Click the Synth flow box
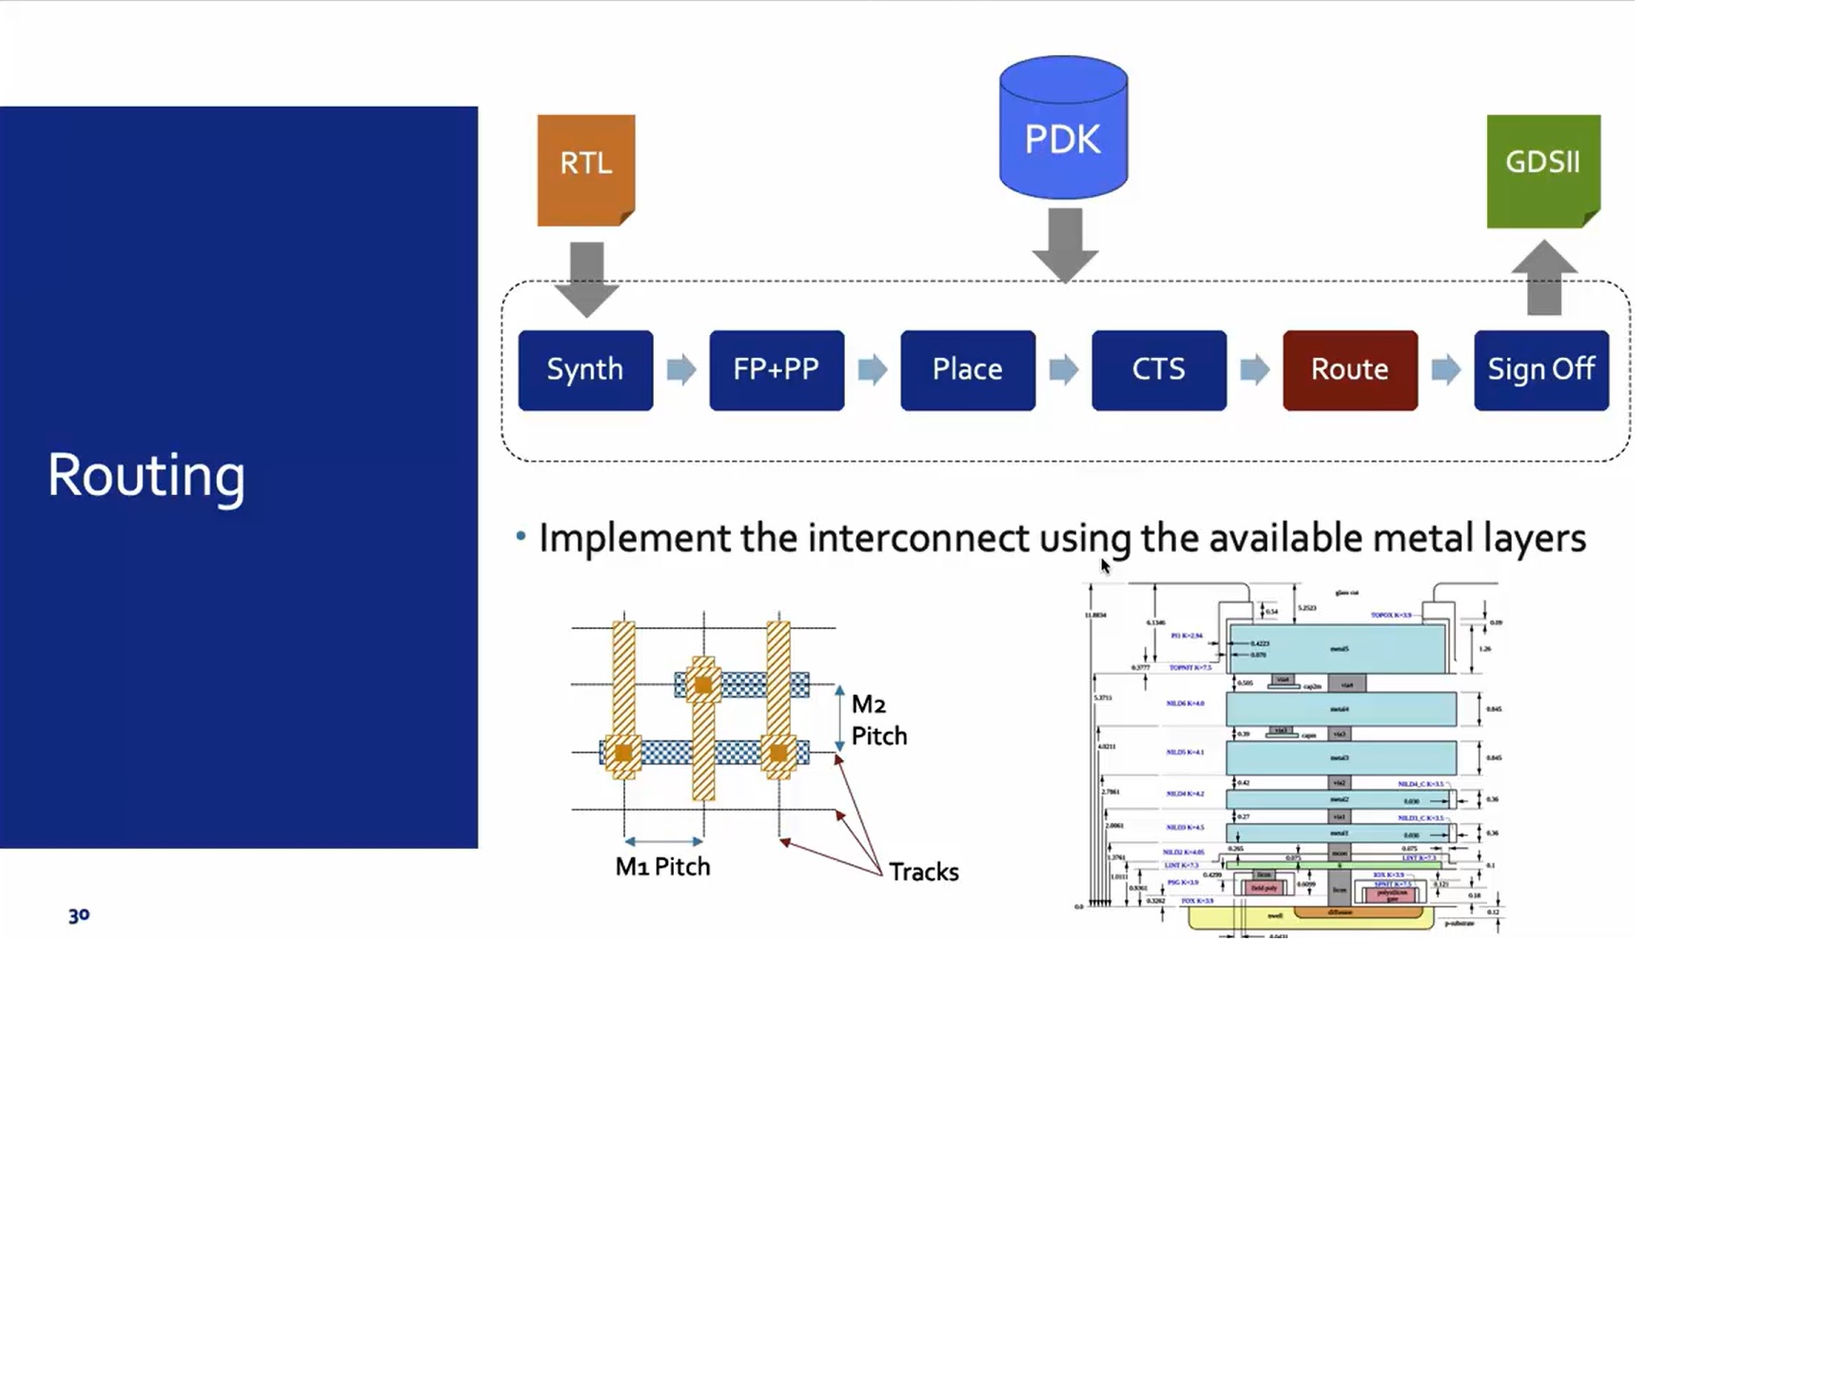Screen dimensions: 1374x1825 [585, 370]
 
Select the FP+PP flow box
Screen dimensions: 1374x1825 [776, 370]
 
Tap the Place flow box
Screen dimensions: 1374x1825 [968, 370]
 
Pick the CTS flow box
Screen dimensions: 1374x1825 [1159, 370]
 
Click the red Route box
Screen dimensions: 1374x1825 [1349, 370]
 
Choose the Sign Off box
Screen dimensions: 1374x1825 [1540, 370]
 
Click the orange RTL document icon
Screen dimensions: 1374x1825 [586, 169]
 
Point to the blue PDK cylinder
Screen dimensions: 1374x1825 [1063, 128]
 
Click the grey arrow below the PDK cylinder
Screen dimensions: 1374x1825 [1065, 244]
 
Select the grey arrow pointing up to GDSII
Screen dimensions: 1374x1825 [1543, 279]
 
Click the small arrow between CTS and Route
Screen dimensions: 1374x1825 [1254, 370]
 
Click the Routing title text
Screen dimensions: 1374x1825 [147, 476]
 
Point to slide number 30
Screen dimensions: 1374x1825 [79, 915]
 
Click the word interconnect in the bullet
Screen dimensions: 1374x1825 [918, 539]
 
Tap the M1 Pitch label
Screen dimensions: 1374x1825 [662, 867]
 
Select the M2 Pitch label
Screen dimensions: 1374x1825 [878, 720]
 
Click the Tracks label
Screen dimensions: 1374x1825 [923, 872]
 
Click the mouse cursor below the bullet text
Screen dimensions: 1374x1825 [1106, 567]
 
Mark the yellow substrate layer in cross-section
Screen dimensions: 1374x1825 [1237, 918]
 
